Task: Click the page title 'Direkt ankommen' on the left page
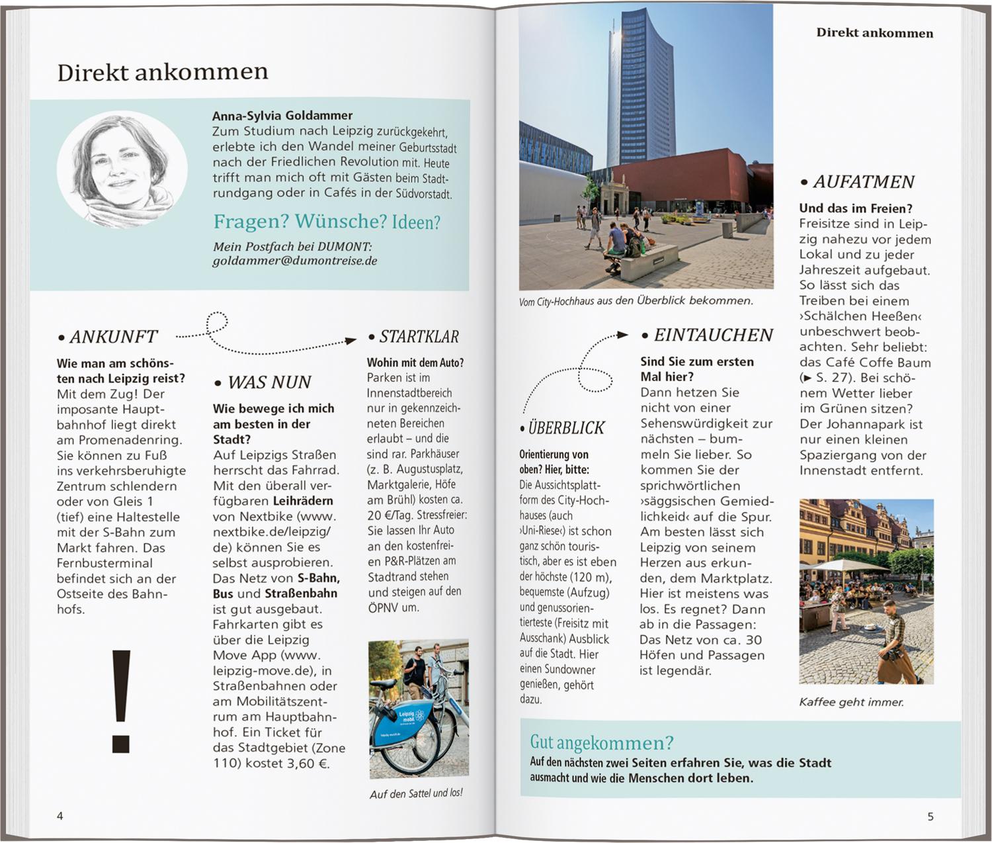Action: [x=163, y=71]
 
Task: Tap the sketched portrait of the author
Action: [x=122, y=168]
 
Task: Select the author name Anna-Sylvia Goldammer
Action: [x=282, y=116]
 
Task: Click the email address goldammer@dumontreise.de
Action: [x=295, y=261]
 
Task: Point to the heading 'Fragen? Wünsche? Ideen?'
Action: [x=327, y=222]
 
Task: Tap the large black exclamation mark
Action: [x=121, y=701]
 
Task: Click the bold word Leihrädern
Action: [x=302, y=501]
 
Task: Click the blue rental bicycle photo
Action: [x=418, y=708]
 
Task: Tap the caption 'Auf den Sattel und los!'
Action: [x=416, y=793]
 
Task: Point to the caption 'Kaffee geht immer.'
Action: [x=851, y=702]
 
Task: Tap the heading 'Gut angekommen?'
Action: [x=602, y=742]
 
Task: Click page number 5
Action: [x=930, y=817]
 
